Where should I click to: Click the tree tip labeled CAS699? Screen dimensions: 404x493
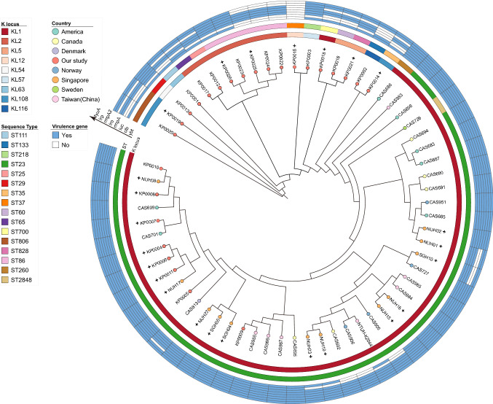coord(146,207)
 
